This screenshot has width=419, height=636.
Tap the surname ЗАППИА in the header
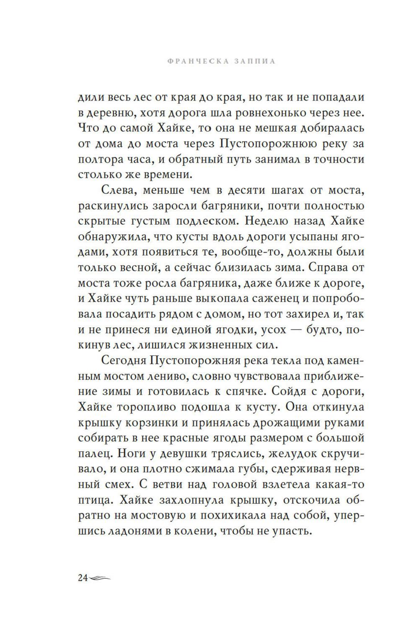[256, 61]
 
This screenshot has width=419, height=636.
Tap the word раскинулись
[109, 206]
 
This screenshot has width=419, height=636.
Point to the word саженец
[274, 299]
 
